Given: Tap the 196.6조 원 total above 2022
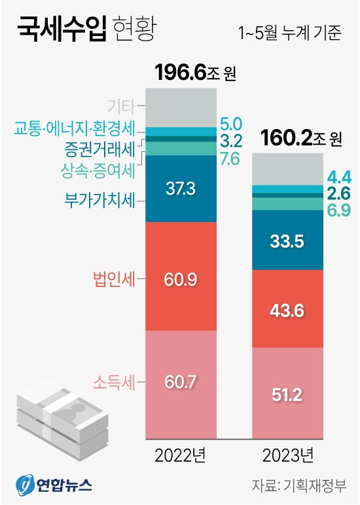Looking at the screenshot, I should [x=194, y=72].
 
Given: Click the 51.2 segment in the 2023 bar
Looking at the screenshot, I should [x=287, y=394].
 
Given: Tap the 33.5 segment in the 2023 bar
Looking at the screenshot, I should [x=287, y=242].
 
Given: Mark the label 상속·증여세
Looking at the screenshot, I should [x=96, y=170].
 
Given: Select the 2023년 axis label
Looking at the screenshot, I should [x=287, y=454].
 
